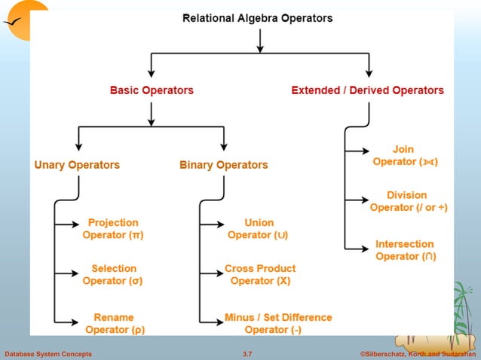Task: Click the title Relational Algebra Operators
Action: pyautogui.click(x=257, y=18)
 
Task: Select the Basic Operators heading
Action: pyautogui.click(x=152, y=90)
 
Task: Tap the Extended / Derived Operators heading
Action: pyautogui.click(x=367, y=90)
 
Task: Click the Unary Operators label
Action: pyautogui.click(x=77, y=165)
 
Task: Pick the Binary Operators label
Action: pyautogui.click(x=223, y=165)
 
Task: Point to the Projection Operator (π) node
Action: pyautogui.click(x=113, y=229)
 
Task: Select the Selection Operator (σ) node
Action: pyautogui.click(x=113, y=274)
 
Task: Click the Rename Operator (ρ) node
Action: pyautogui.click(x=115, y=323)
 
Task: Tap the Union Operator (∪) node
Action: pyautogui.click(x=259, y=229)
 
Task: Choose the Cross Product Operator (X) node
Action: pyautogui.click(x=260, y=274)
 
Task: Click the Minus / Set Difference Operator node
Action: pyautogui.click(x=277, y=323)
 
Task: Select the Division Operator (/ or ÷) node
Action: pyautogui.click(x=407, y=201)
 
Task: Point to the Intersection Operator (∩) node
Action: pyautogui.click(x=405, y=250)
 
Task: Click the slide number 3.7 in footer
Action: pyautogui.click(x=247, y=354)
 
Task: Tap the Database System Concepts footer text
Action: pyautogui.click(x=48, y=354)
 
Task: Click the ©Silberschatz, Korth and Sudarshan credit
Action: pyautogui.click(x=413, y=354)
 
